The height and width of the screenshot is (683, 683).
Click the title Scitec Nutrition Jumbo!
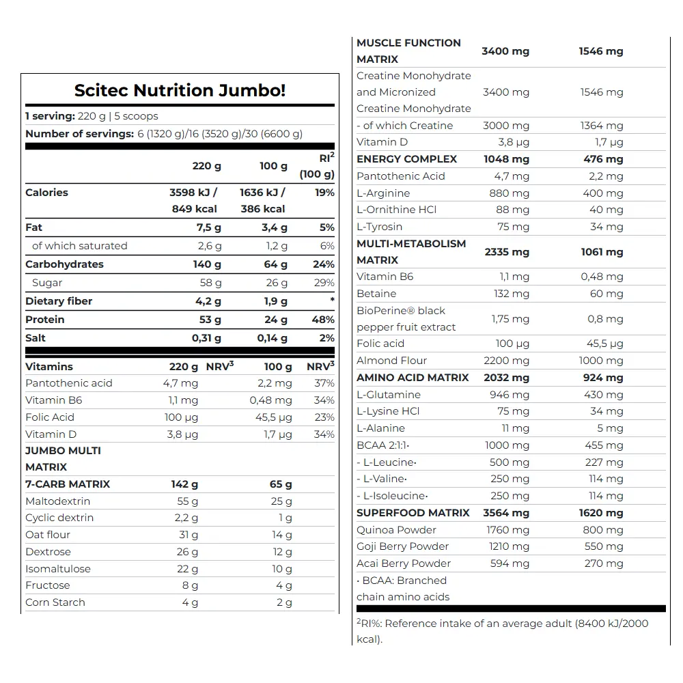[180, 90]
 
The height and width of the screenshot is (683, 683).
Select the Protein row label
[45, 320]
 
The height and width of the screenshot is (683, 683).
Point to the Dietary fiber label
[59, 301]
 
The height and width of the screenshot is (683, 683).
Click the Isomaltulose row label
[58, 569]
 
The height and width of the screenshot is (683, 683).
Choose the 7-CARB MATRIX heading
[68, 484]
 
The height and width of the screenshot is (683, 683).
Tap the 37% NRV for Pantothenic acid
[324, 383]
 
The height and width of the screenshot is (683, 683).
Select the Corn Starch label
[55, 602]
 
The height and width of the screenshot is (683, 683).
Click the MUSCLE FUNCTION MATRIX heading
[408, 51]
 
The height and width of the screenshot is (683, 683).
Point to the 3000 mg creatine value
[509, 126]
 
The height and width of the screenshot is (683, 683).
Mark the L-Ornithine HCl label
[396, 210]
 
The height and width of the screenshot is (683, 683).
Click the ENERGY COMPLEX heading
[406, 159]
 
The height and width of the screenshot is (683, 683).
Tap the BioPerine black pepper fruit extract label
[406, 319]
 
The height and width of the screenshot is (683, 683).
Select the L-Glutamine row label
[389, 395]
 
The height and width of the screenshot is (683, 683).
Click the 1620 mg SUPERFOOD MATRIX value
[600, 513]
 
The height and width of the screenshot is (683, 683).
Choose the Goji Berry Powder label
[402, 546]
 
